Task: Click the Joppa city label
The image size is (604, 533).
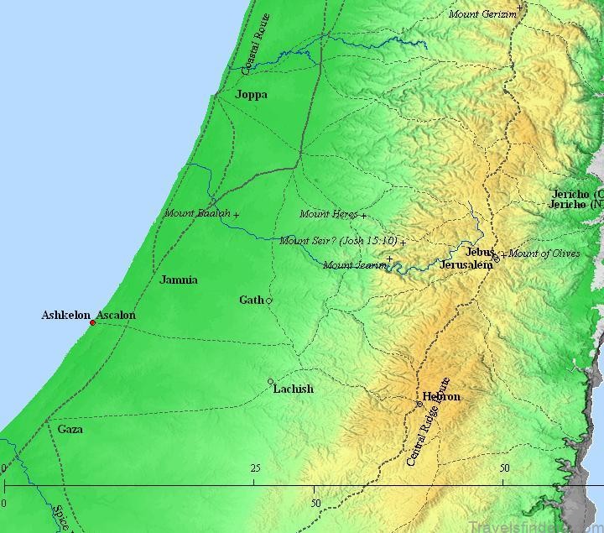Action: pos(252,95)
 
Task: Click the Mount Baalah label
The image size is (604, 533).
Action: pos(197,213)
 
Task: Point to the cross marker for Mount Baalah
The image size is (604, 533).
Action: pos(236,216)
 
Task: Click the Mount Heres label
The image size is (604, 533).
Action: pos(328,214)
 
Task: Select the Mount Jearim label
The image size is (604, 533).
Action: pos(356,265)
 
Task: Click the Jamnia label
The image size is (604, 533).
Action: pos(179,280)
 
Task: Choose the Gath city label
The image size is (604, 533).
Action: pos(251,300)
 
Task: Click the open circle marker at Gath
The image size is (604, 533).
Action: pos(269,300)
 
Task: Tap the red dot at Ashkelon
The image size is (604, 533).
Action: pos(92,322)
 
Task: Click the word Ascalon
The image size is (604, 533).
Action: pos(116,316)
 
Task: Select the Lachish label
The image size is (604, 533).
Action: pos(294,389)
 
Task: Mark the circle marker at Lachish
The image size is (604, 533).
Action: pos(270,382)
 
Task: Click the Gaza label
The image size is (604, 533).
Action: pos(70,429)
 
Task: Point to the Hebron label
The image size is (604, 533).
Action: pos(441,396)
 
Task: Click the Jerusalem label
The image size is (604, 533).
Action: pos(466,265)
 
